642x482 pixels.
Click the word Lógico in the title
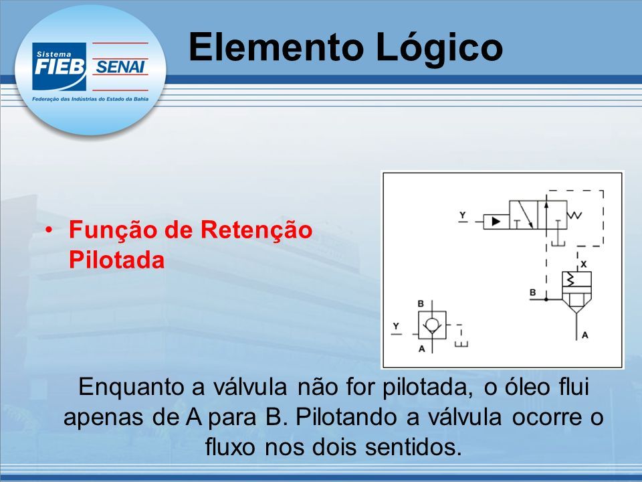point(439,48)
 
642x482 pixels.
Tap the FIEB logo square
point(60,66)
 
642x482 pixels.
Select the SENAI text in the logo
point(120,67)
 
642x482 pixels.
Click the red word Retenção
point(256,230)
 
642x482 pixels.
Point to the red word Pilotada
point(116,260)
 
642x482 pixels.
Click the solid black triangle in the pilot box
point(496,222)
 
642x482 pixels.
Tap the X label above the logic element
point(584,264)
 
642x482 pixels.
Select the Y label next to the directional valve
point(463,215)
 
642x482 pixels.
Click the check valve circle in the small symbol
point(431,325)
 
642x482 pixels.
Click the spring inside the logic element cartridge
point(570,280)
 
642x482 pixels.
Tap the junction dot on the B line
point(546,299)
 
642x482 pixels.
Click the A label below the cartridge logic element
point(584,335)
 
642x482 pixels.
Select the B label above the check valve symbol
point(421,304)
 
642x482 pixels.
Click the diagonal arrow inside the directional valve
point(524,215)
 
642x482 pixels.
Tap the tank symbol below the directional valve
point(558,242)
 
